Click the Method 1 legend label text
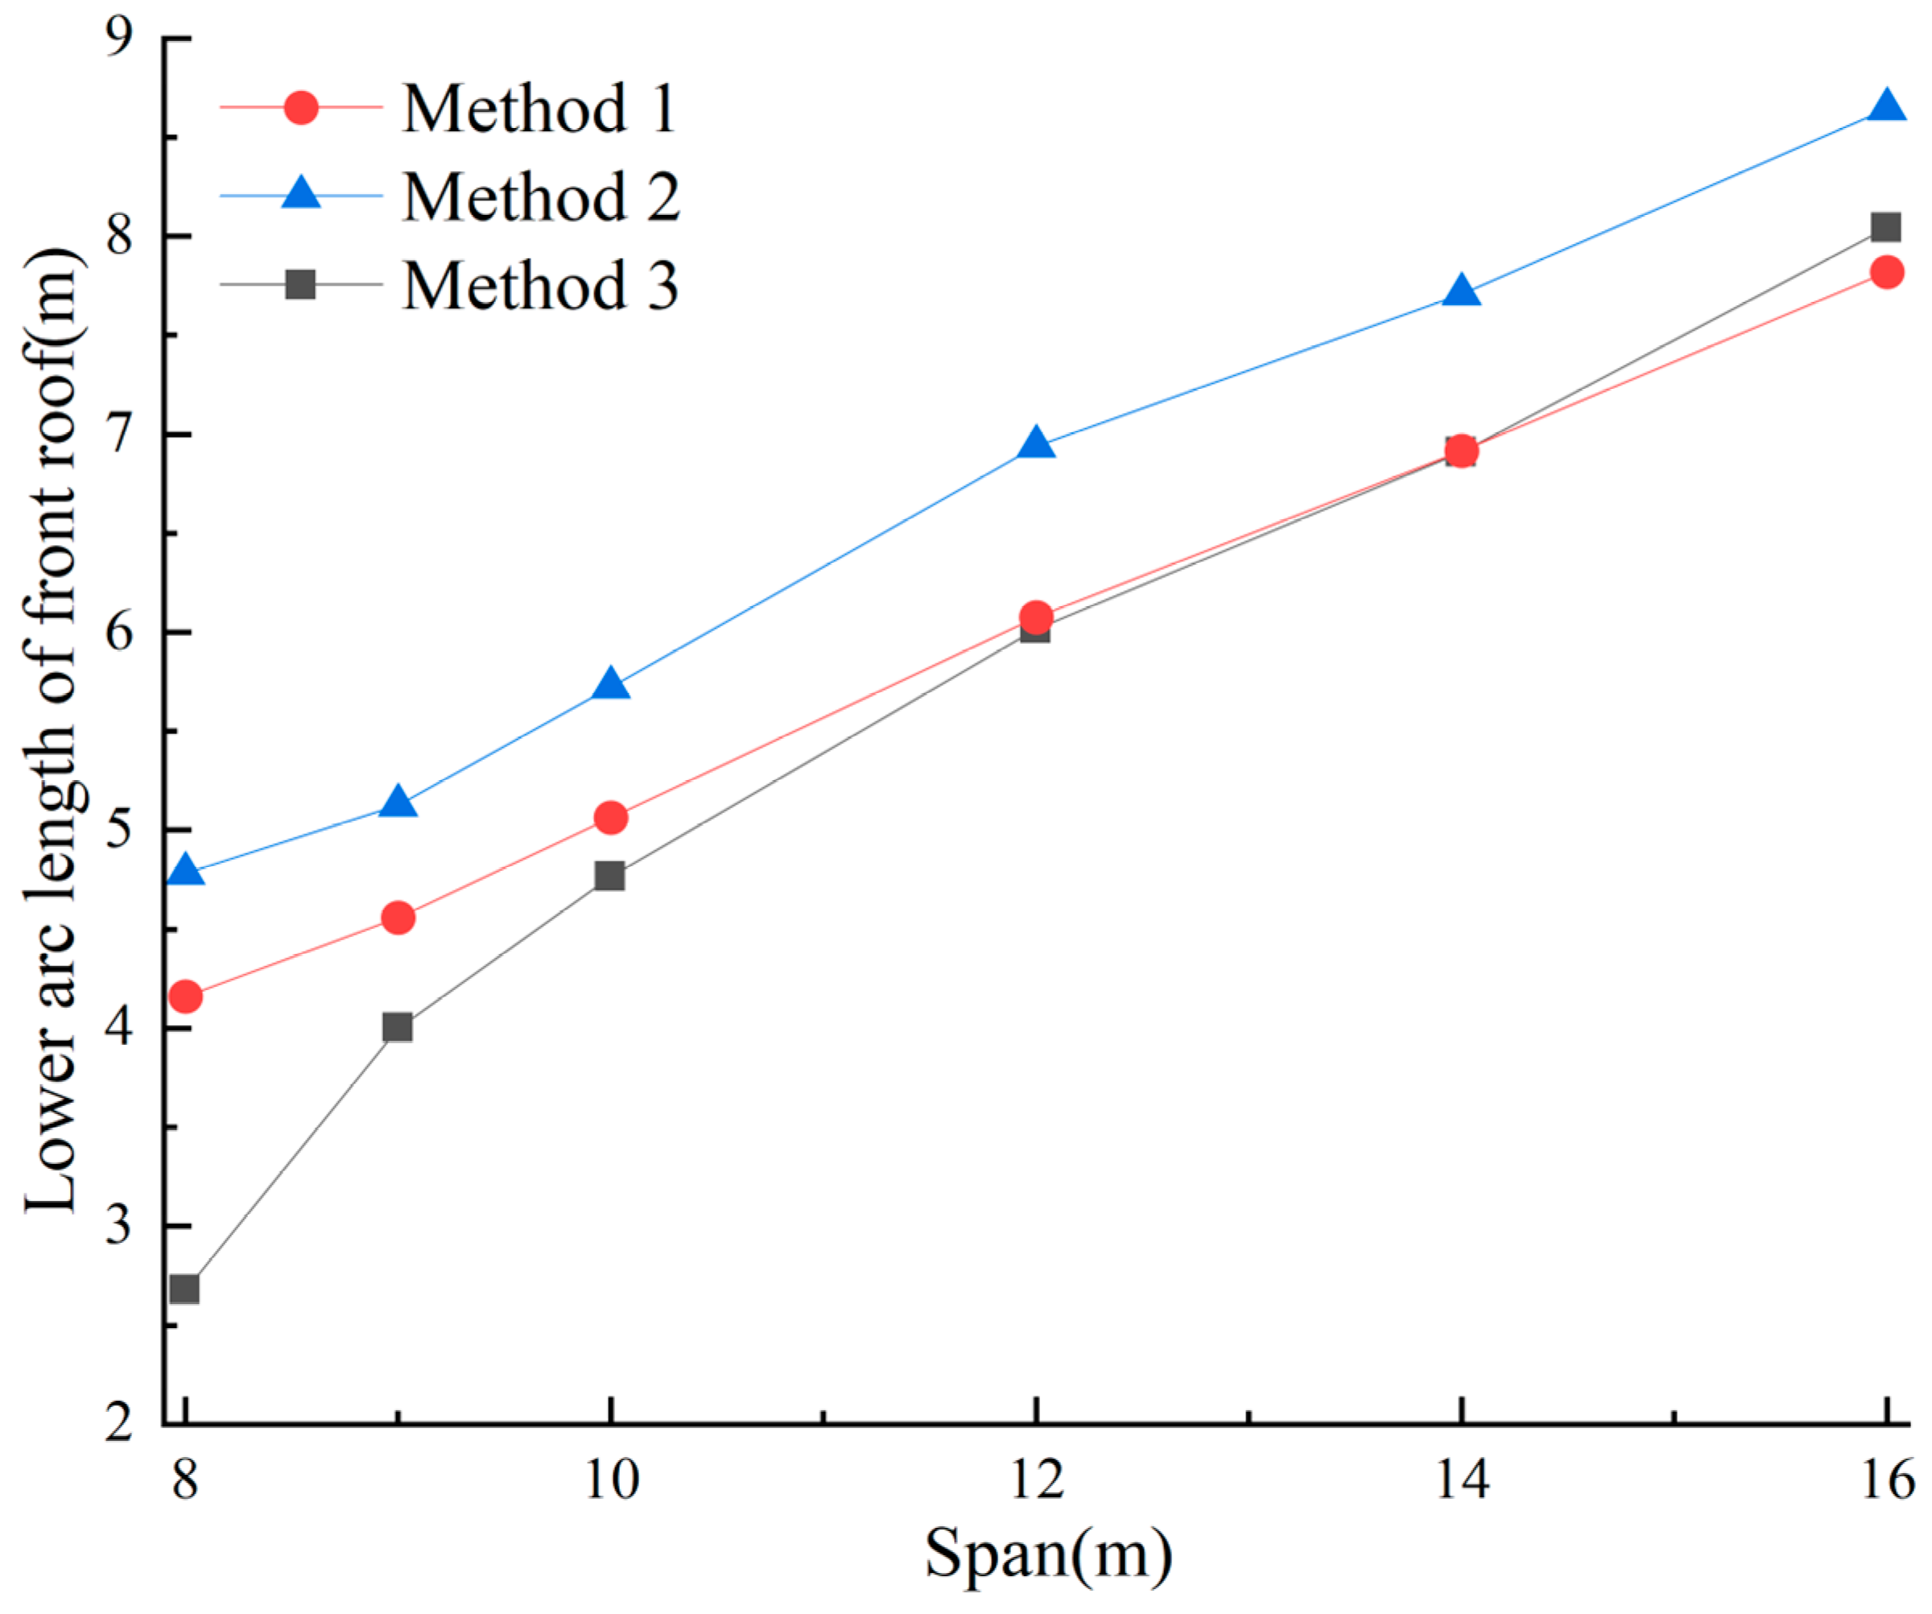[540, 109]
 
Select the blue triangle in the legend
[301, 194]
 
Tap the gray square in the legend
[301, 283]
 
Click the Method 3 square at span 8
[185, 1289]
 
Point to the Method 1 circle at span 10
[611, 817]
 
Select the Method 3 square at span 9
[398, 1027]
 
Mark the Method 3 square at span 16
[1886, 226]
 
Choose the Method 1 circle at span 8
[186, 997]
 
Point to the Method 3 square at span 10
[610, 875]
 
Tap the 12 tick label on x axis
[1037, 1480]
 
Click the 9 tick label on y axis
[120, 39]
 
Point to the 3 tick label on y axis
[120, 1227]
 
